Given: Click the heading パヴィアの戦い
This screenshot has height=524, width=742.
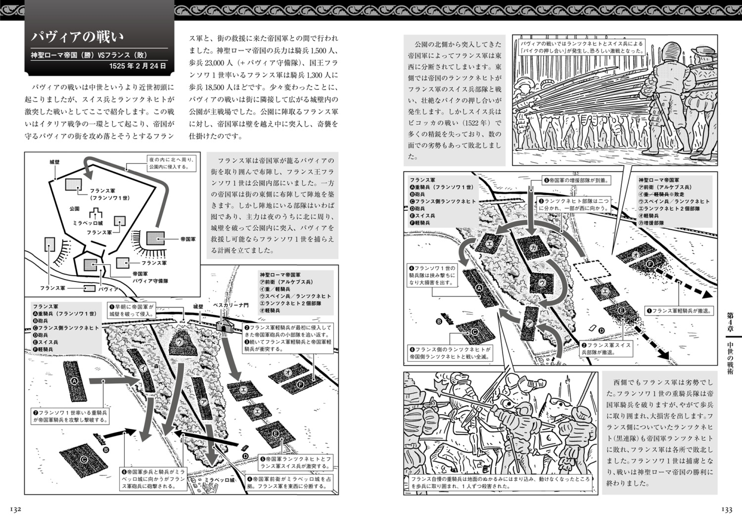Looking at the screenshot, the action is click(78, 37).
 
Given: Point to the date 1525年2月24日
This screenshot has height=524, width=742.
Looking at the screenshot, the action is click(137, 66).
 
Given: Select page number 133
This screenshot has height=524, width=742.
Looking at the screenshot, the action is click(726, 510).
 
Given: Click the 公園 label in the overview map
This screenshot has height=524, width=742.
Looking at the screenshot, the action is click(75, 209).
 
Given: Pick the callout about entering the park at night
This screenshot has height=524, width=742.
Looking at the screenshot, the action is click(171, 163).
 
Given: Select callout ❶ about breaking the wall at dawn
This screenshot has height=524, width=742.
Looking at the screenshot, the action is click(131, 310).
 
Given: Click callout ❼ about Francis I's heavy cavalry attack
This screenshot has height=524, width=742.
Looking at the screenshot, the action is click(70, 416).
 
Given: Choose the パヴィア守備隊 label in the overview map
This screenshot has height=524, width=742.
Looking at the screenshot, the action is click(150, 281).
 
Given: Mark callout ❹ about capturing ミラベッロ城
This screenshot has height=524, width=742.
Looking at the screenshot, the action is click(289, 483).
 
